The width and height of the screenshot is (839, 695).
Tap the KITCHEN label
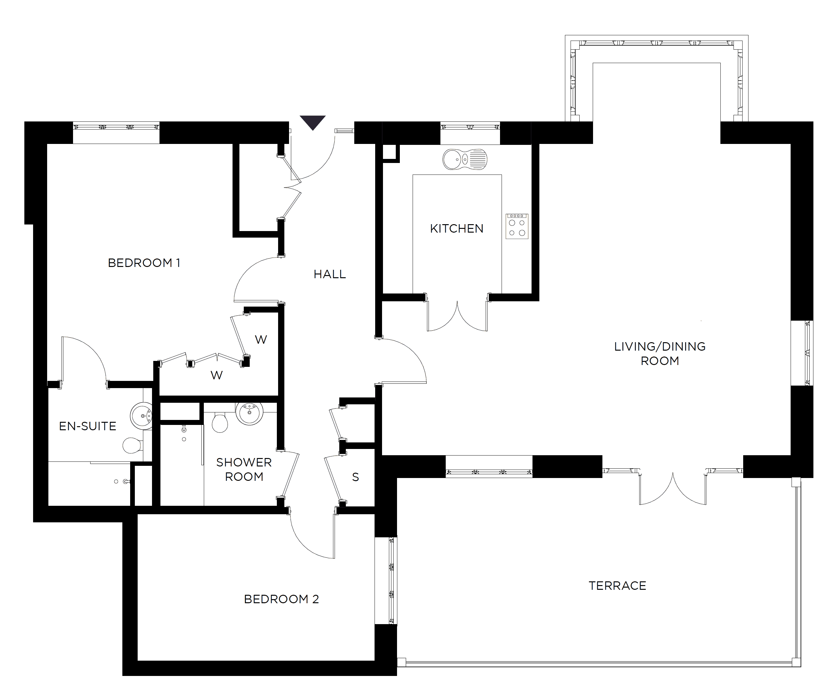[457, 229]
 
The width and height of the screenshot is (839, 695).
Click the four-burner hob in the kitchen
[517, 226]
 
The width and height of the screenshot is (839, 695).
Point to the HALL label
[330, 274]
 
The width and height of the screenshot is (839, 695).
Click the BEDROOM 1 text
[144, 263]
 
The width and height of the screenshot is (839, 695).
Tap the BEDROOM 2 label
[281, 599]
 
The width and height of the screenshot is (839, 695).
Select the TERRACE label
[617, 586]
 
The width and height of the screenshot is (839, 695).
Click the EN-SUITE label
[87, 426]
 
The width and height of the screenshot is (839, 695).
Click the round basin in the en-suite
[141, 416]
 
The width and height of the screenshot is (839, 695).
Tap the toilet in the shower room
[220, 422]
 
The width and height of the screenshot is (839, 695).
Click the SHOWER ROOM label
[244, 469]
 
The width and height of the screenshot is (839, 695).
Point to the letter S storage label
[356, 477]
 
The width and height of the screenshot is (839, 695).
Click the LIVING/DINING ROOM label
[660, 354]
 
